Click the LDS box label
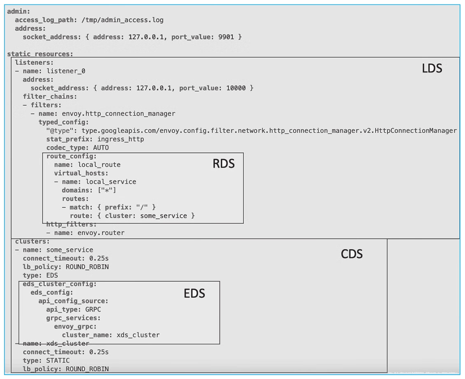[x=432, y=68]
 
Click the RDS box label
[x=224, y=164]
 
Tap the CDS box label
[x=352, y=254]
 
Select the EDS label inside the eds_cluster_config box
[x=194, y=293]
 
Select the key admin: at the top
[x=16, y=11]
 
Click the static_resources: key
[x=40, y=54]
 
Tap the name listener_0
[x=66, y=71]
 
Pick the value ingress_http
[x=121, y=139]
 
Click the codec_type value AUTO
[x=101, y=147]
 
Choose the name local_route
[x=99, y=164]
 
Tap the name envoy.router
[x=101, y=233]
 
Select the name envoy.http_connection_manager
[x=119, y=114]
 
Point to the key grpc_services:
[x=73, y=318]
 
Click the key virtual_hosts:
[x=81, y=173]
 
